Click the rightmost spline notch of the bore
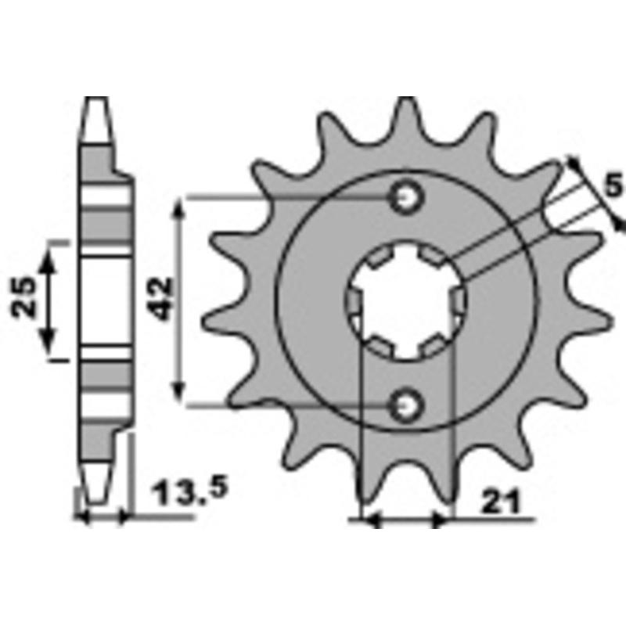459,300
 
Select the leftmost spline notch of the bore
354,300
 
